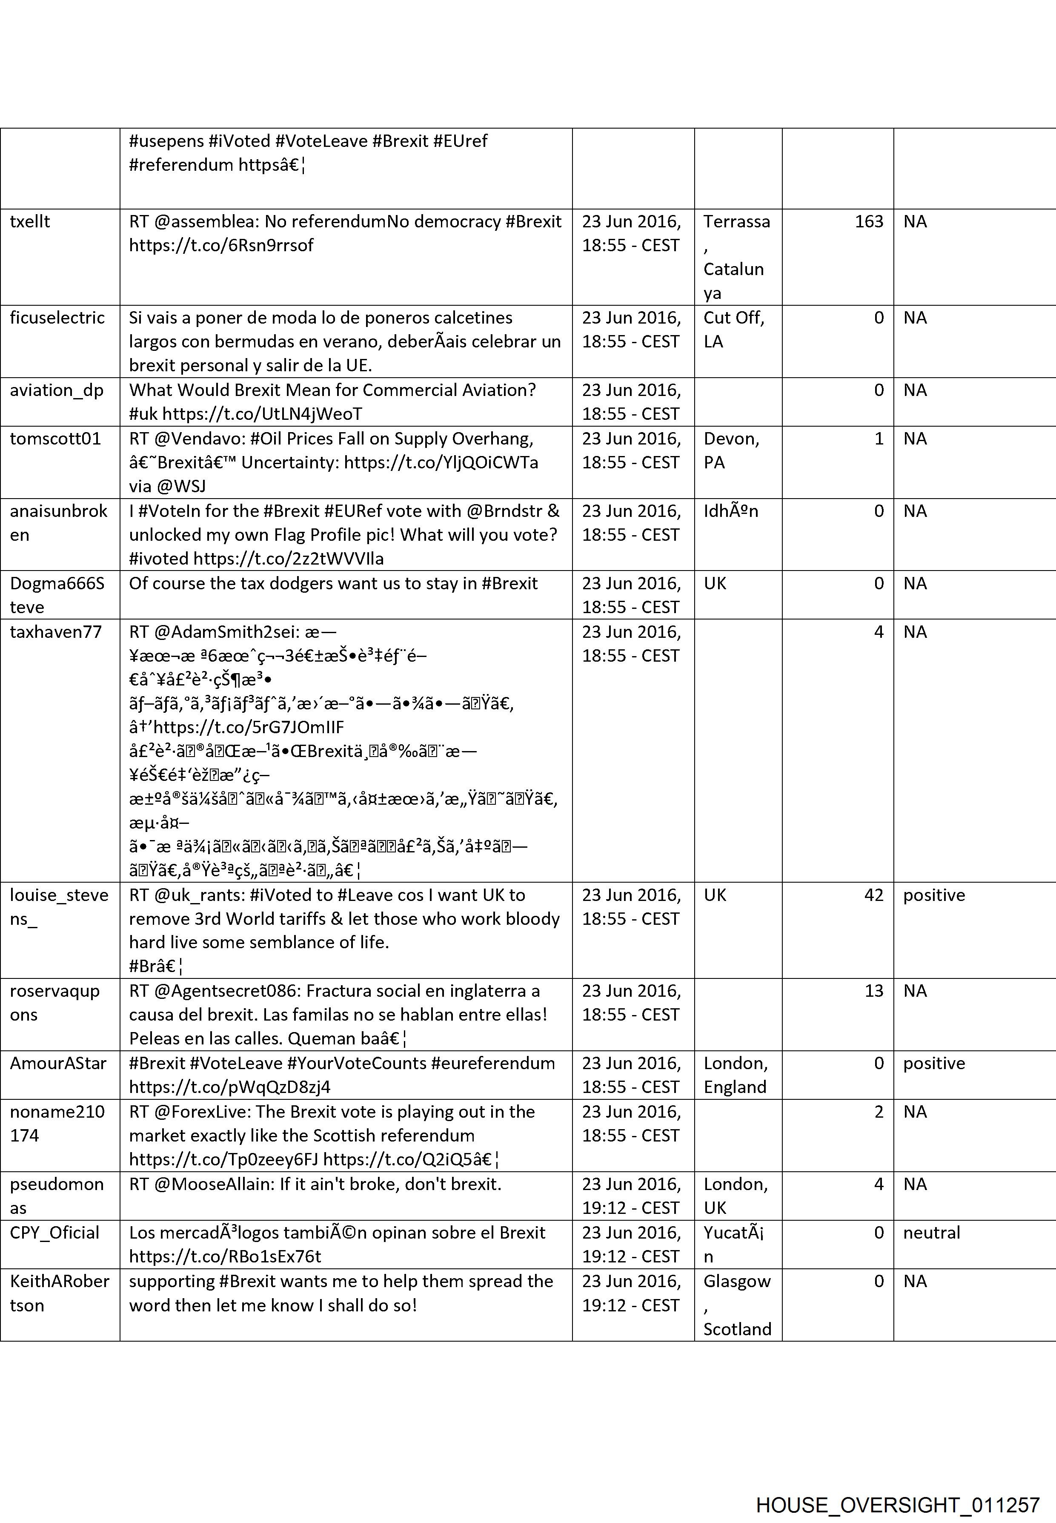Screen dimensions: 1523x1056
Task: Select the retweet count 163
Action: [x=868, y=222]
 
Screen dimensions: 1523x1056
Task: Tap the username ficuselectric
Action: [x=57, y=318]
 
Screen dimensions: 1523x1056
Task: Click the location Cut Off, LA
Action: [x=733, y=330]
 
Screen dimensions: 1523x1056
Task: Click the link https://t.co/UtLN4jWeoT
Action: [x=262, y=414]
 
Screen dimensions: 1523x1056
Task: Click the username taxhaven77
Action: [x=56, y=632]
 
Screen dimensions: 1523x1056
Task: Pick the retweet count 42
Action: [x=873, y=895]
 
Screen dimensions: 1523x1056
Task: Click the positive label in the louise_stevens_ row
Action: [x=933, y=895]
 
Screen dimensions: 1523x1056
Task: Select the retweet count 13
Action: [x=873, y=991]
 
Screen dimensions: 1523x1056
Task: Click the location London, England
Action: [x=735, y=1075]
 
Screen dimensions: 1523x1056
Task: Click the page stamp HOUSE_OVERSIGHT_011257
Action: [x=897, y=1487]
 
